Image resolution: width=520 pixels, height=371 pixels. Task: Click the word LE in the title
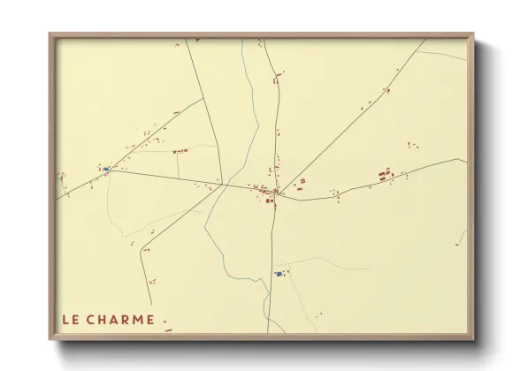tap(72, 320)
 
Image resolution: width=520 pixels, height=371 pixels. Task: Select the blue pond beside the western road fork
tap(106, 168)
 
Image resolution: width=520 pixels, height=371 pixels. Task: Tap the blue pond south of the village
tap(279, 274)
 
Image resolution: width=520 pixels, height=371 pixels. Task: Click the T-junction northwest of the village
tap(204, 98)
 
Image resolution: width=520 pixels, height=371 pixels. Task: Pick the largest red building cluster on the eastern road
tap(386, 175)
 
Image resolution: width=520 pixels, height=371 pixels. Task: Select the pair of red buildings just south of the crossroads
tap(271, 201)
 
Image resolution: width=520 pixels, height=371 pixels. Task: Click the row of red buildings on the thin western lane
tap(180, 152)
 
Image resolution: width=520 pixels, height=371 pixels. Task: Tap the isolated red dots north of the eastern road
tap(410, 145)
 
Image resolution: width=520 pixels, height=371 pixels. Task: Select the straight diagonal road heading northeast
tap(354, 116)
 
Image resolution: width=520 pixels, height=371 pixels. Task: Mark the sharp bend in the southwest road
tap(140, 252)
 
